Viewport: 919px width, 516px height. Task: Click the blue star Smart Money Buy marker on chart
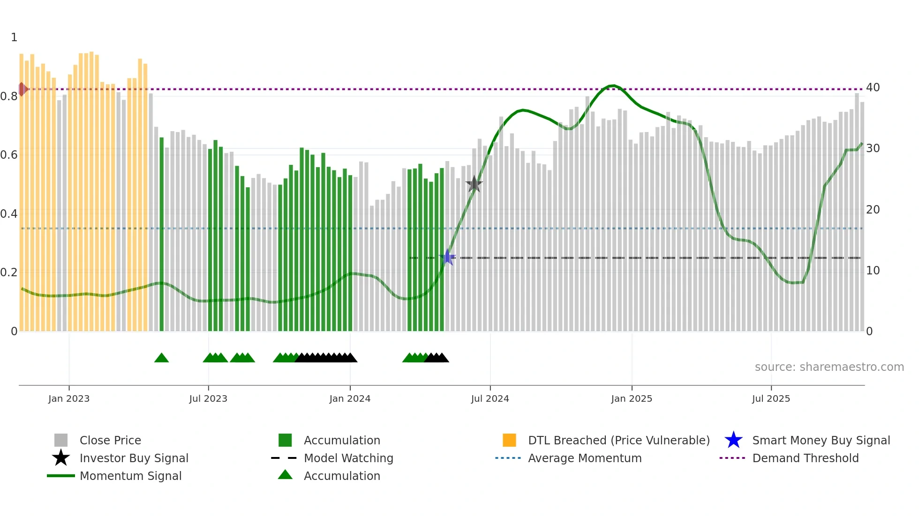(x=448, y=257)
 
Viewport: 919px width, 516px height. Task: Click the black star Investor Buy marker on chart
(x=474, y=184)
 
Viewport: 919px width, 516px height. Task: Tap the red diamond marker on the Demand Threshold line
(x=22, y=89)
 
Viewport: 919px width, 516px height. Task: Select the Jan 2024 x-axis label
(x=350, y=398)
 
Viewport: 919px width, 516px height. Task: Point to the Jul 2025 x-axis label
(x=771, y=398)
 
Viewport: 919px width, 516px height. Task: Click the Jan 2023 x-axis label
(x=69, y=398)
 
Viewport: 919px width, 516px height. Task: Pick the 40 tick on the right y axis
(x=873, y=88)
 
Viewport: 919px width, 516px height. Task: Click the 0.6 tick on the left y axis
(x=9, y=155)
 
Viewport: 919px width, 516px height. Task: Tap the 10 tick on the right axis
(x=873, y=271)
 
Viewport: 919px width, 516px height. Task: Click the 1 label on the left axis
(x=14, y=37)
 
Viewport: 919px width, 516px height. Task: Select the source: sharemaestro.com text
(x=829, y=367)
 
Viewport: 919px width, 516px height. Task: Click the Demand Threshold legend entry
(x=805, y=458)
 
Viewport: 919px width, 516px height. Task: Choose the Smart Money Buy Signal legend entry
(x=821, y=440)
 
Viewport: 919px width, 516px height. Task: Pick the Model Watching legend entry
(x=348, y=458)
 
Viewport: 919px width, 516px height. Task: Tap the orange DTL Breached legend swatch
(x=509, y=440)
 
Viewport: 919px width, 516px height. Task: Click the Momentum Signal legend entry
(x=130, y=476)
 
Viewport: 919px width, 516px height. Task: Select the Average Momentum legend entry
(x=584, y=458)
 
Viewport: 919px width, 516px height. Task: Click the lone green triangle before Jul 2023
(x=161, y=358)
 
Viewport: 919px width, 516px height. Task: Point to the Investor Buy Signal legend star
(x=61, y=458)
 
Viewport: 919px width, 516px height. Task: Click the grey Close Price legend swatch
(x=61, y=440)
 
